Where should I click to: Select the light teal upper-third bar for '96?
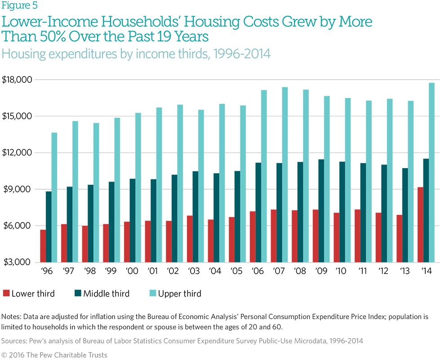[x=54, y=197]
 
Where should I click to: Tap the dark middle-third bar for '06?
[x=258, y=212]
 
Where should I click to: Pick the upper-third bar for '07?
[x=285, y=174]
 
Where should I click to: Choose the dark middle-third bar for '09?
[x=321, y=210]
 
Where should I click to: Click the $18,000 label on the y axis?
[x=18, y=80]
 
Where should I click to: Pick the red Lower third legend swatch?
[x=6, y=293]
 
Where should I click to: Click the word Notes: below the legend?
[x=12, y=317]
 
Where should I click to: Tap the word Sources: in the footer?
[x=15, y=341]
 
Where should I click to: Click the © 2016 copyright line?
[x=54, y=355]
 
